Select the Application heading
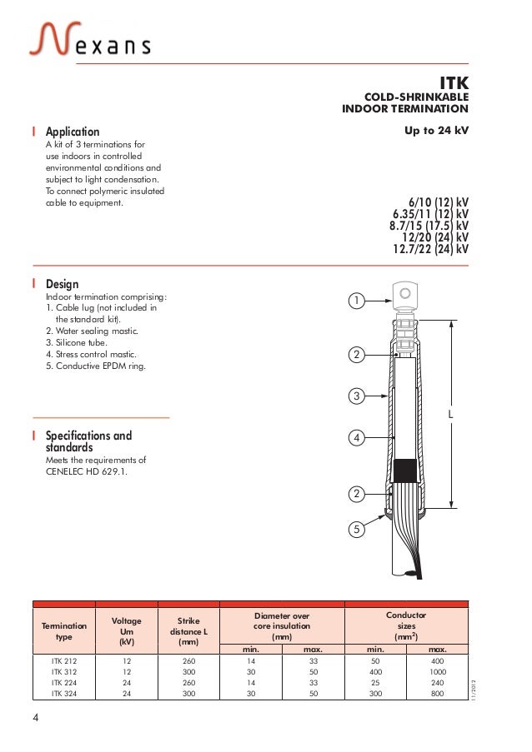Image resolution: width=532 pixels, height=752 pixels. pyautogui.click(x=72, y=132)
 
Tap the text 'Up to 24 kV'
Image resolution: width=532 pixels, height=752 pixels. pyautogui.click(x=436, y=132)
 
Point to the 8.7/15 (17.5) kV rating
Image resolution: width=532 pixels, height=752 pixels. pyautogui.click(x=429, y=225)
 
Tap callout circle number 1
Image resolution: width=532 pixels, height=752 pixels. pyautogui.click(x=356, y=300)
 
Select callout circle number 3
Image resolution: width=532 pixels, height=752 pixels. pyautogui.click(x=356, y=396)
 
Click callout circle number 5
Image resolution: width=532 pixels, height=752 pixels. pyautogui.click(x=356, y=528)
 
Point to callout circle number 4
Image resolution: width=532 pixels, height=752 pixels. pyautogui.click(x=356, y=437)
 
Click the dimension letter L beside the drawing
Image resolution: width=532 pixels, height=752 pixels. pyautogui.click(x=450, y=413)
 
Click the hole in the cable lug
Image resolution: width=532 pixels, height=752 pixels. pyautogui.click(x=405, y=292)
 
